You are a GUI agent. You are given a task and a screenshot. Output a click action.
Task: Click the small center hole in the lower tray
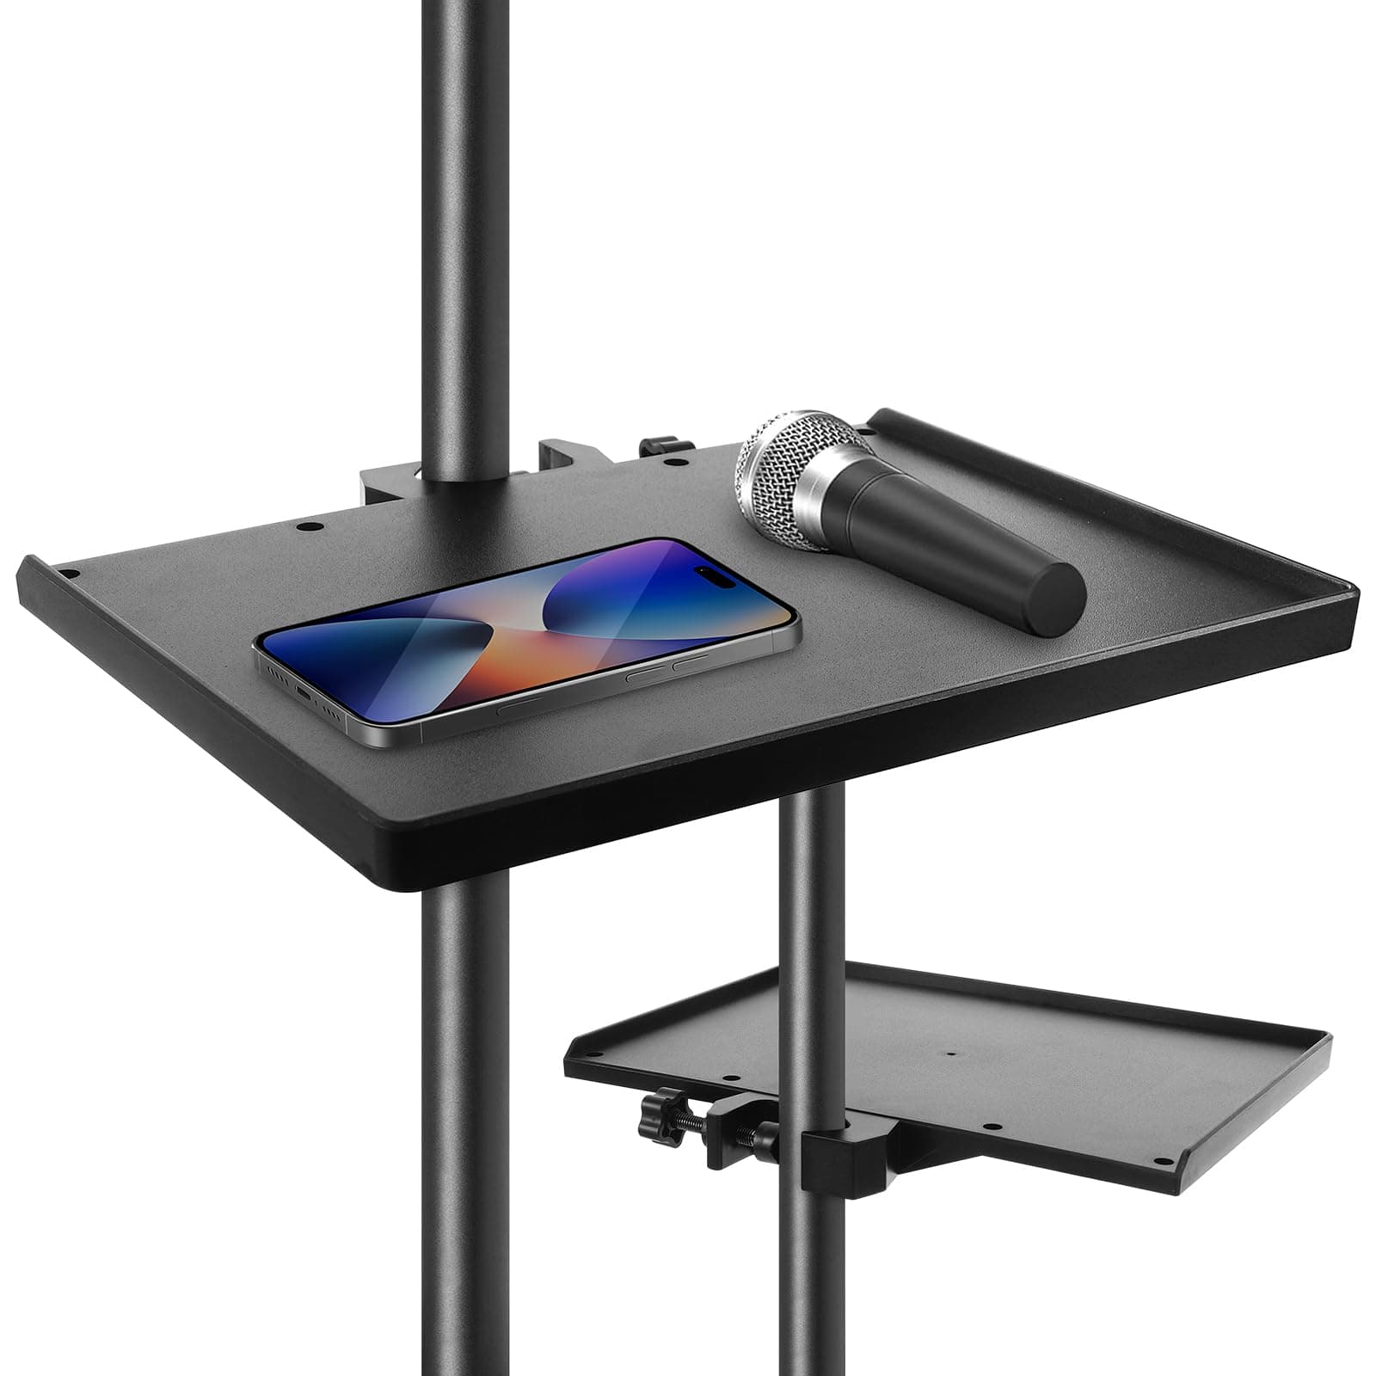950,1052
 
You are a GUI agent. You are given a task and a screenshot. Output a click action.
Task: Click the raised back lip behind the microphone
1032,464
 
